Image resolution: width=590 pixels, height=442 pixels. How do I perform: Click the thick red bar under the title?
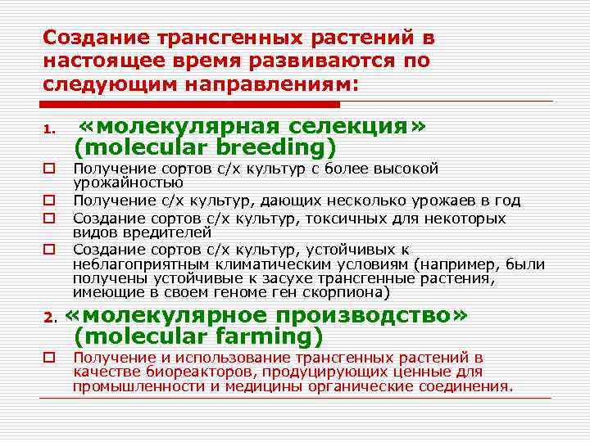tap(190, 104)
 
